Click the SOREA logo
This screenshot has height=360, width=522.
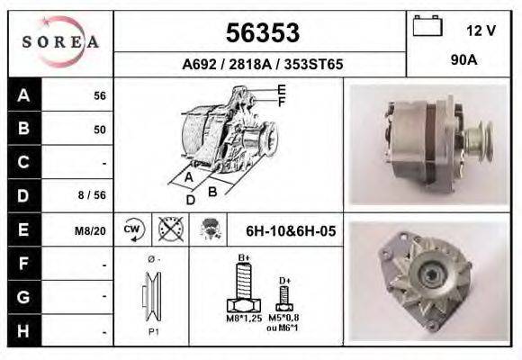pos(61,42)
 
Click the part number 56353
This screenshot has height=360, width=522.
pos(262,33)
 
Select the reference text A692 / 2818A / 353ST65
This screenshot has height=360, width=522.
pos(262,66)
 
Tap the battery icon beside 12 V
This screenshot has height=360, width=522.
pos(426,26)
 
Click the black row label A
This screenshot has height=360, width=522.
pos(22,95)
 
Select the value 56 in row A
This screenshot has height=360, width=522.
pos(99,96)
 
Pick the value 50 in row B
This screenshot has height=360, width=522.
pos(99,130)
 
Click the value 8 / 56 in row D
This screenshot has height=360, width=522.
pos(94,195)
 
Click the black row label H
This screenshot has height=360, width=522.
pos(22,330)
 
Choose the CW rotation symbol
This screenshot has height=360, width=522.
pos(133,229)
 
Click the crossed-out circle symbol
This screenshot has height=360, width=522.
pos(168,229)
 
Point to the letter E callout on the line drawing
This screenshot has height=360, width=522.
pos(282,89)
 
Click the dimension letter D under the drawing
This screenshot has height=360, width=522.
pos(191,200)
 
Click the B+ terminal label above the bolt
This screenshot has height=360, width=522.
pos(244,259)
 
